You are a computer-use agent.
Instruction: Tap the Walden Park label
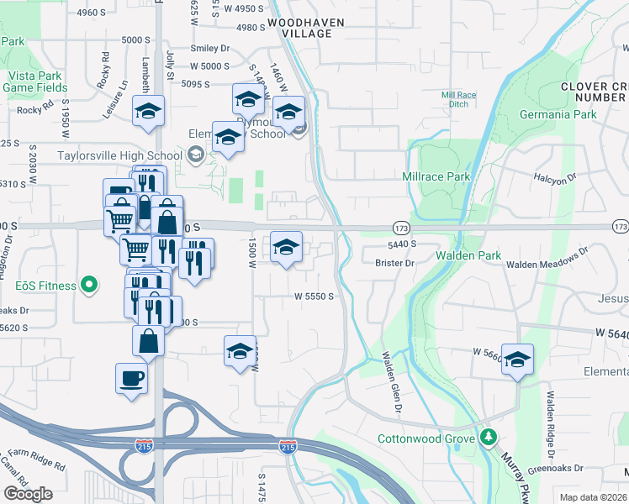468,255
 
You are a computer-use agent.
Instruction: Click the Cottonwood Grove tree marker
488,438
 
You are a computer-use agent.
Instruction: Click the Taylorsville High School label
119,155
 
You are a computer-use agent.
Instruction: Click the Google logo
28,494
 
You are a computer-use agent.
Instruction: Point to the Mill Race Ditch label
458,100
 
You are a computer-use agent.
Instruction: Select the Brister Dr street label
395,263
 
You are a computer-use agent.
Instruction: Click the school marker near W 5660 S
518,359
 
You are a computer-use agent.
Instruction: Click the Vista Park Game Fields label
29,81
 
